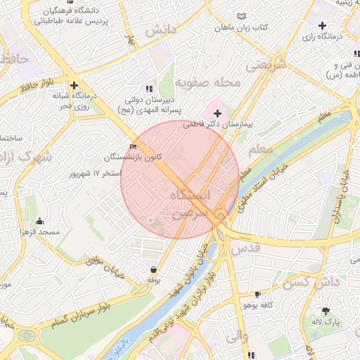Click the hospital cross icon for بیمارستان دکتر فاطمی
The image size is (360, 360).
217,113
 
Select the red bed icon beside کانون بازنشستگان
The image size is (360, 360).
134,146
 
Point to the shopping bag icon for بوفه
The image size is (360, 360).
153,269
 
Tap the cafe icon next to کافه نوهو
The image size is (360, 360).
257,295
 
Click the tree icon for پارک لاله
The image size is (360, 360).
325,310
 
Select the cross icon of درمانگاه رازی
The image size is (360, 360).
322,25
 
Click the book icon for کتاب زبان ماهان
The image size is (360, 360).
243,16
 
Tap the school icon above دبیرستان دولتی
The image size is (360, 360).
148,89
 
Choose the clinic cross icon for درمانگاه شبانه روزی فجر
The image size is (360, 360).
73,86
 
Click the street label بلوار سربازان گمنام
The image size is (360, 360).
77,317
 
